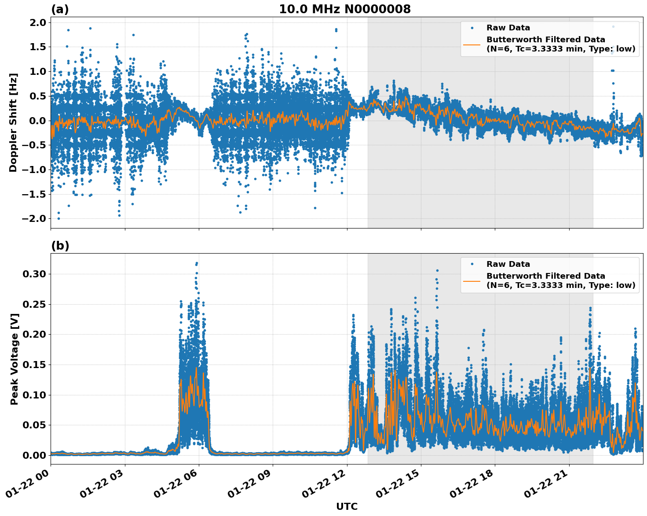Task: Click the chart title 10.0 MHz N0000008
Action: pos(344,9)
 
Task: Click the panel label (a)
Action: pos(60,9)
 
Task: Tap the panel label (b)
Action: pos(60,246)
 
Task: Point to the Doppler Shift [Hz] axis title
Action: pos(13,122)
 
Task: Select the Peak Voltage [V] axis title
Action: pos(14,359)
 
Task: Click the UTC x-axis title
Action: pos(347,506)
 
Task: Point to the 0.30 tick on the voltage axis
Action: pos(34,274)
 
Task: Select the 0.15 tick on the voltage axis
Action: pos(34,365)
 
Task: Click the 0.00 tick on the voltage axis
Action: pos(34,455)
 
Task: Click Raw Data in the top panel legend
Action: pos(508,28)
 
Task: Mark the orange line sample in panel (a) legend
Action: pos(472,44)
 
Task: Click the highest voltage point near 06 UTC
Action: pos(197,263)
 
